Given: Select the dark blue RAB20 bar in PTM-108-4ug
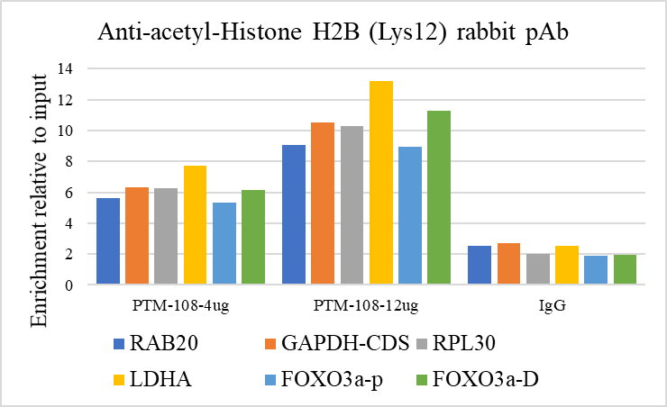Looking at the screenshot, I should pyautogui.click(x=108, y=241).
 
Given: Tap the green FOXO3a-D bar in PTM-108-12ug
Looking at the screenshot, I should pyautogui.click(x=439, y=198).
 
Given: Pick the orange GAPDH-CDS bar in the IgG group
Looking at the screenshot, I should pyautogui.click(x=508, y=264).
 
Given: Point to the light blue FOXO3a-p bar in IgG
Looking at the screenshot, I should pyautogui.click(x=595, y=270).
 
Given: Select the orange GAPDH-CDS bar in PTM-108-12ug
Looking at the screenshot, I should pyautogui.click(x=323, y=203).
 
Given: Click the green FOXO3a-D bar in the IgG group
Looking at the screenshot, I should pyautogui.click(x=624, y=269).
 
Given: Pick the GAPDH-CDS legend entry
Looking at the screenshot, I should pyautogui.click(x=329, y=343).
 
